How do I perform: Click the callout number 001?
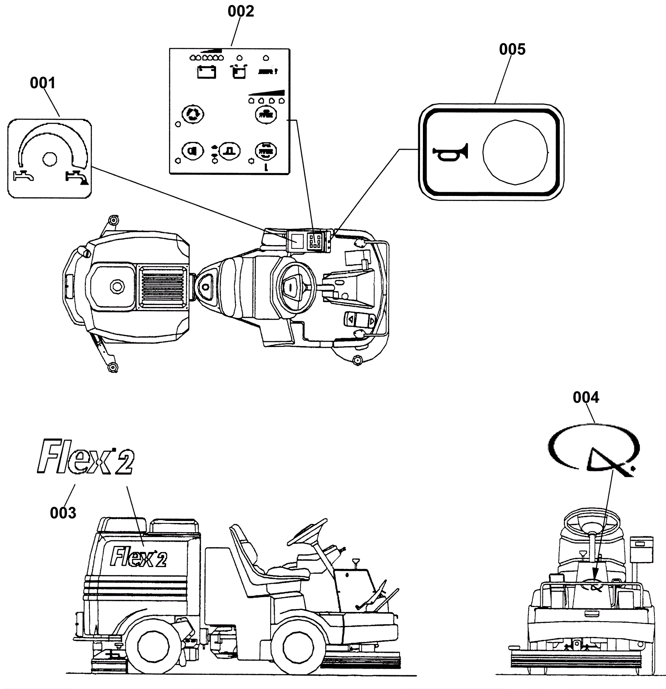click(42, 83)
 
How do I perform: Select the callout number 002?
click(241, 11)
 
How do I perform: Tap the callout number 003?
click(63, 513)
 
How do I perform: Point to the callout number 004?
click(586, 398)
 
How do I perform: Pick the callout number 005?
click(512, 50)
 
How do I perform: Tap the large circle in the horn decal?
click(515, 152)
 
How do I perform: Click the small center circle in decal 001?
click(50, 158)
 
